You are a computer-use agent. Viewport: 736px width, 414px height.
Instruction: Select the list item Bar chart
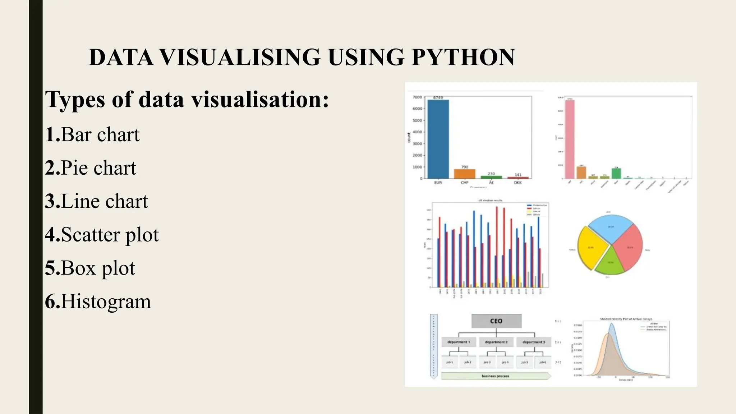(x=100, y=134)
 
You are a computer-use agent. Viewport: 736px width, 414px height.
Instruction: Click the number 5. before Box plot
(x=52, y=268)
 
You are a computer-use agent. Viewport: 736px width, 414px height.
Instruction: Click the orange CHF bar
(x=465, y=174)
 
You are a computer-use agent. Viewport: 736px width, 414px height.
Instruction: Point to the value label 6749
(x=438, y=97)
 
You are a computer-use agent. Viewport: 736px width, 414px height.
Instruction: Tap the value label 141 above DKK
(x=518, y=175)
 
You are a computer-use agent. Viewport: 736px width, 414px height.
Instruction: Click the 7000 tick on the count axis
(x=417, y=97)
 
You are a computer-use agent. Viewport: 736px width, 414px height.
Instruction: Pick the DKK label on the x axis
(x=518, y=183)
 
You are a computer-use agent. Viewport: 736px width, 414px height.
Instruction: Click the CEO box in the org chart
(x=496, y=321)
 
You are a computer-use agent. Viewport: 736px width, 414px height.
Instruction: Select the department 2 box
(x=496, y=342)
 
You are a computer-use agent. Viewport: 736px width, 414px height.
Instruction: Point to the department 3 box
(x=534, y=342)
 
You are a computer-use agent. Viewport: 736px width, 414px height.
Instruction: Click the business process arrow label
(x=495, y=376)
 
